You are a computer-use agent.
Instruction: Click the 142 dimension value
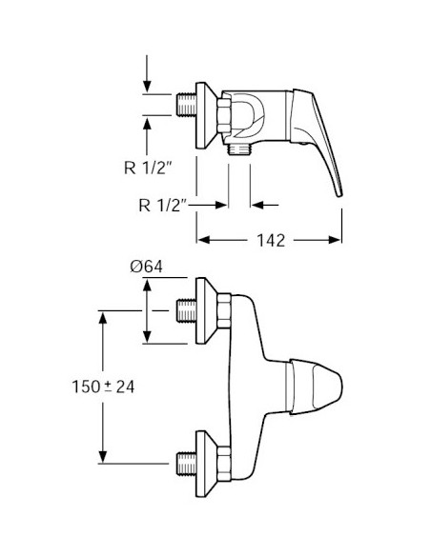click(x=271, y=241)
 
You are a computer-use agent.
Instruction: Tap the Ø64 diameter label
click(x=146, y=267)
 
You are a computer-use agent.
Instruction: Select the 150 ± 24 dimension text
click(x=103, y=387)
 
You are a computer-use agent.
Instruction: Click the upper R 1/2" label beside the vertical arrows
click(x=148, y=168)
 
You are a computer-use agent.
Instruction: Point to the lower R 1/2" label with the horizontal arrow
click(x=163, y=205)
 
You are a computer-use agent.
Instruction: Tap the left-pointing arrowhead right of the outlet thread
click(x=257, y=205)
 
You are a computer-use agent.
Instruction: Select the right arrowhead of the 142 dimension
click(x=335, y=241)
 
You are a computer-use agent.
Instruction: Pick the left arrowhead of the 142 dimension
click(x=204, y=241)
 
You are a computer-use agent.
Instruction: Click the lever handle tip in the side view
click(x=339, y=193)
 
